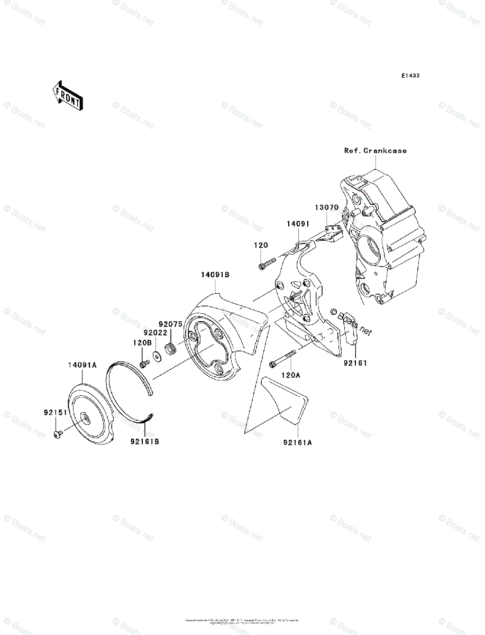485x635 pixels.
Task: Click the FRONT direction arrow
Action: pyautogui.click(x=66, y=95)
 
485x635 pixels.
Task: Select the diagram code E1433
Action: pyautogui.click(x=410, y=76)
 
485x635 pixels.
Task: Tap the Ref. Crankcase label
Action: pyautogui.click(x=376, y=151)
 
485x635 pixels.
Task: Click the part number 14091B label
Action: pyautogui.click(x=215, y=275)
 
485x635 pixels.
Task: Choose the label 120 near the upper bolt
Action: pyautogui.click(x=261, y=246)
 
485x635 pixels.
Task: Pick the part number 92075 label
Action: pyautogui.click(x=170, y=323)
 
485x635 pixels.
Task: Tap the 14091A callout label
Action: pyautogui.click(x=82, y=365)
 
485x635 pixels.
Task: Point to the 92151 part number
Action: pyautogui.click(x=55, y=412)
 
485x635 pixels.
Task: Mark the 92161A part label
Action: pyautogui.click(x=297, y=442)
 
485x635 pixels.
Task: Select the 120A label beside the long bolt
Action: pyautogui.click(x=290, y=375)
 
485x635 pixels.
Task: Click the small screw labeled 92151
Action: pyautogui.click(x=58, y=434)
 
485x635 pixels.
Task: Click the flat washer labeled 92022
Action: pyautogui.click(x=158, y=356)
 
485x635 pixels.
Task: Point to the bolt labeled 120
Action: pyautogui.click(x=267, y=263)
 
